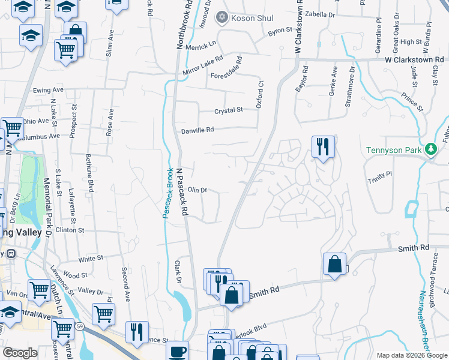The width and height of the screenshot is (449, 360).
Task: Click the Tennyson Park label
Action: [394, 149]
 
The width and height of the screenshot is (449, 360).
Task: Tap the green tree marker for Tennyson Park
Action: [430, 149]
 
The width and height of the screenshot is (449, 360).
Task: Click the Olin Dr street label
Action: [197, 190]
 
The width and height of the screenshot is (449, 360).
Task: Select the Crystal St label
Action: [229, 110]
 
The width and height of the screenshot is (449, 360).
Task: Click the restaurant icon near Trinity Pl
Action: [323, 146]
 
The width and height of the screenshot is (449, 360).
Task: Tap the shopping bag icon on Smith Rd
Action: [334, 263]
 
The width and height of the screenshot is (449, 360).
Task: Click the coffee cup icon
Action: [177, 351]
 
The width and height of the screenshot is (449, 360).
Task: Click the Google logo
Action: [20, 353]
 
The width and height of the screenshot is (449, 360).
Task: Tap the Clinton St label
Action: [69, 230]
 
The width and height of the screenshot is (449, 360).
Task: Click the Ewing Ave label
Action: [49, 91]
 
